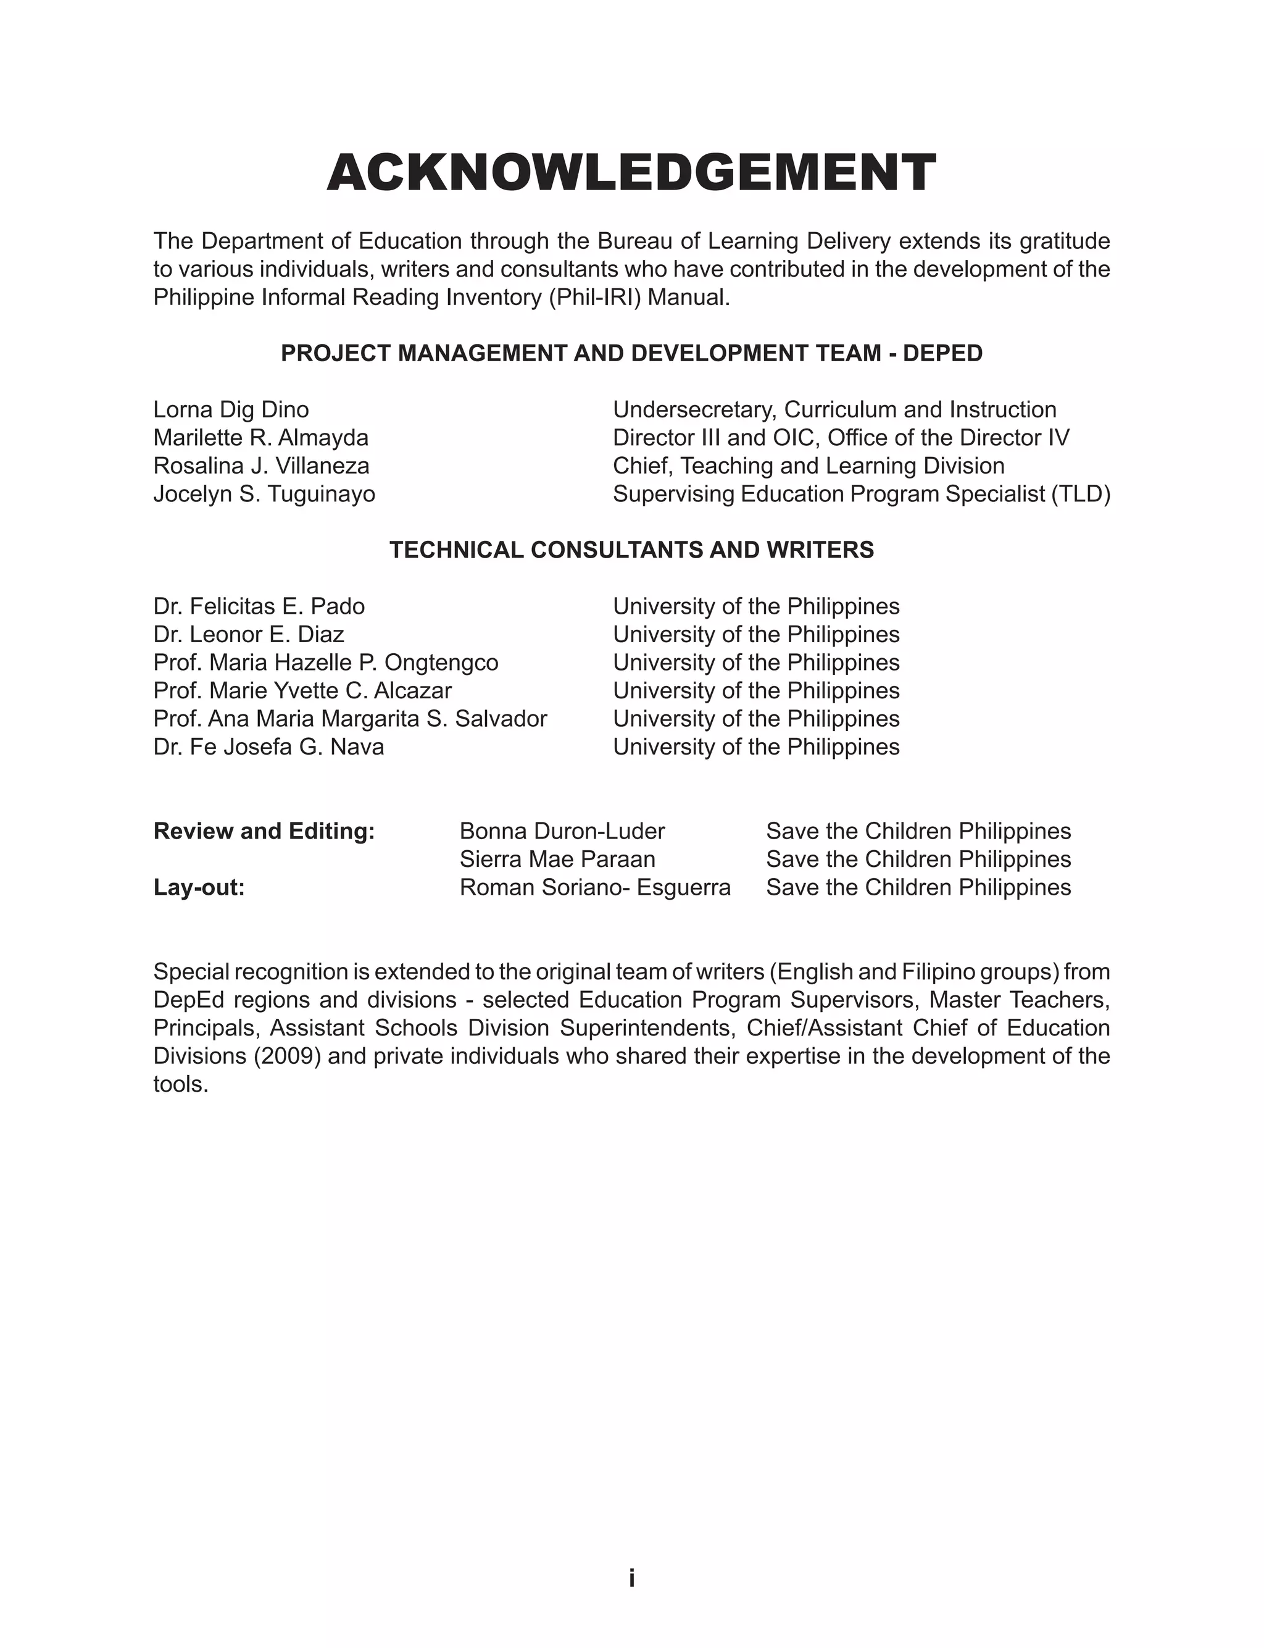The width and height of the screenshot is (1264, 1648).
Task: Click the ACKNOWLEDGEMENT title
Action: [631, 173]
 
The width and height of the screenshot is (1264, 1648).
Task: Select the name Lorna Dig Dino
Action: [231, 410]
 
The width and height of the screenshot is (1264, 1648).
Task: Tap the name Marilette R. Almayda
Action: [261, 438]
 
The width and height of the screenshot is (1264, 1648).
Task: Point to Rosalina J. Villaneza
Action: [261, 467]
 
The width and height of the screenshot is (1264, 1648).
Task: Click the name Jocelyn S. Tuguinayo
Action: [264, 495]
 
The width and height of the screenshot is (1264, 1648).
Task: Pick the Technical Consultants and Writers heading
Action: [631, 550]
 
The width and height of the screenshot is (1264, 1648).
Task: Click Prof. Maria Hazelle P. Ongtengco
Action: [326, 663]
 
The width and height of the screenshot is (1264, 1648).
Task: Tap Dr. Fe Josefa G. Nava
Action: [268, 747]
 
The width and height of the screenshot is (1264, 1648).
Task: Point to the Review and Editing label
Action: [264, 832]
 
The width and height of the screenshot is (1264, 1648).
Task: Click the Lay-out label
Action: [199, 888]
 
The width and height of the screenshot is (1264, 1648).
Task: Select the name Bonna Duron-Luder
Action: [562, 832]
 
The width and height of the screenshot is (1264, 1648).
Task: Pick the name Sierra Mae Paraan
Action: [557, 860]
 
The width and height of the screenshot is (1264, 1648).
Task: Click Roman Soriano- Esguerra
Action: [595, 888]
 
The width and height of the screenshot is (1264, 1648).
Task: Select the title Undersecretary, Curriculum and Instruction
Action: [834, 410]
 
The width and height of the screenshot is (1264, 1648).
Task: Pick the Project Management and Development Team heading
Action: [631, 354]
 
